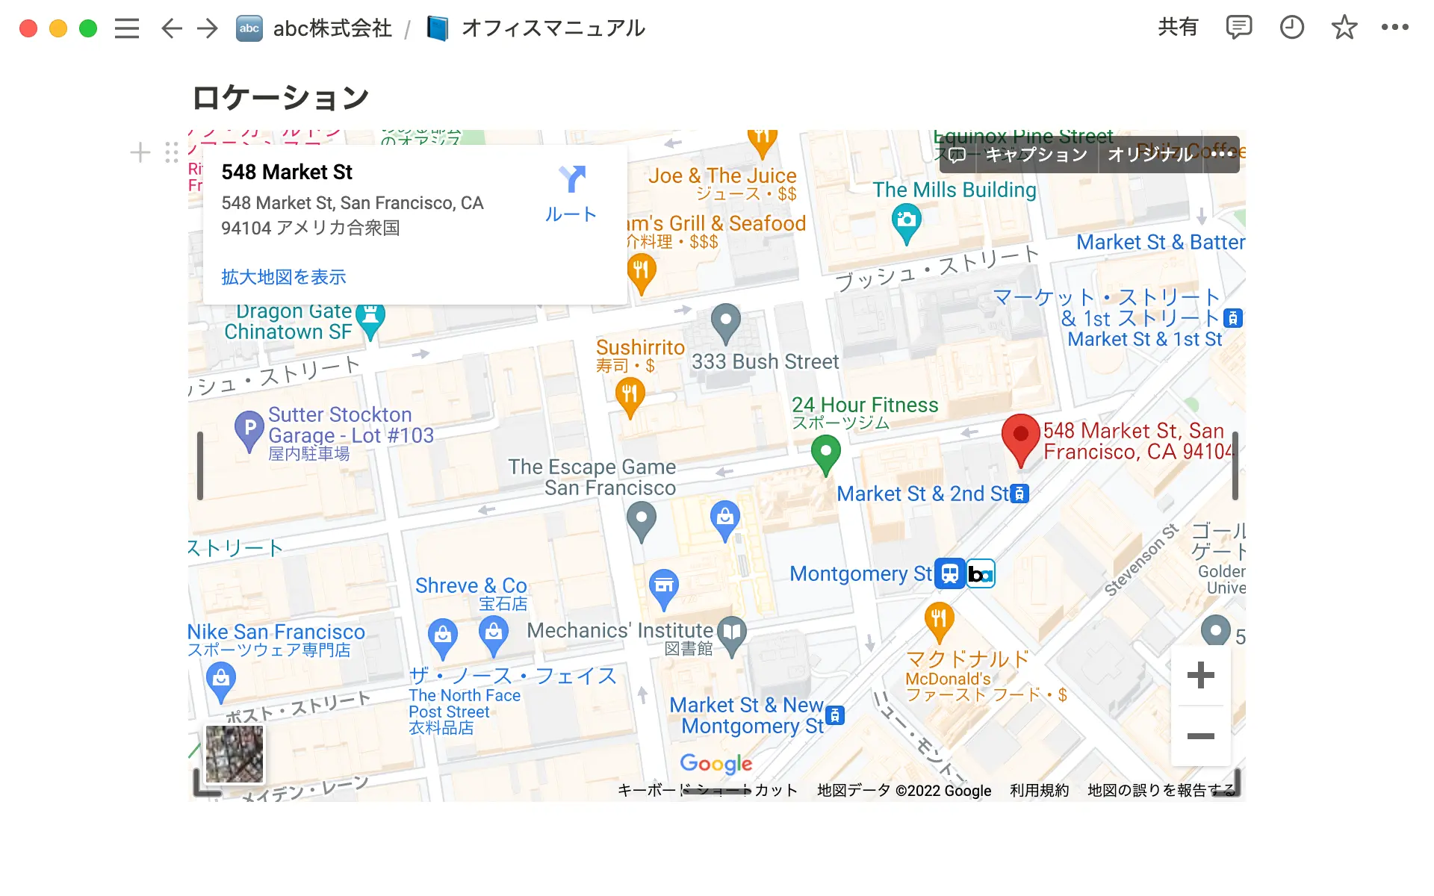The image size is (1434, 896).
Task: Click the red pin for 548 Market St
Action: [x=1020, y=437]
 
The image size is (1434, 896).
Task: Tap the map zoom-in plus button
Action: [x=1200, y=675]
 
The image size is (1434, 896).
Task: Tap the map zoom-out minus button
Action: [x=1200, y=736]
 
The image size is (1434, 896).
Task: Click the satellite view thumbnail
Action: [x=235, y=754]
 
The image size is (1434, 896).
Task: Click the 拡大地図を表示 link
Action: [x=284, y=277]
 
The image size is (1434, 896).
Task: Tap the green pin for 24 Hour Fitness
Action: [x=825, y=452]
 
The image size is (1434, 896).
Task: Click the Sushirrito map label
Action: [x=640, y=348]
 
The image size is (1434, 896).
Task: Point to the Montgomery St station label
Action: [x=860, y=573]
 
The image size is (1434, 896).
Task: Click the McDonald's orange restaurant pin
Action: [x=939, y=620]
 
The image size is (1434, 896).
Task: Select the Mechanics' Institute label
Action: [x=620, y=631]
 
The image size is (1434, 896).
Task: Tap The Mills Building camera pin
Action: [x=907, y=222]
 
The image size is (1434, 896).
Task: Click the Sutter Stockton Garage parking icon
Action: [x=249, y=429]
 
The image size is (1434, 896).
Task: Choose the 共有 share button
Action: [x=1177, y=28]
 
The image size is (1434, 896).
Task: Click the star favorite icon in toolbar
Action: [x=1344, y=28]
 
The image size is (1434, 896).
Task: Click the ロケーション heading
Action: [x=281, y=98]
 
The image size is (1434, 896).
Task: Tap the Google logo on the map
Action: [x=716, y=763]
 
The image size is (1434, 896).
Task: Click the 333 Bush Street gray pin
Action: [x=725, y=321]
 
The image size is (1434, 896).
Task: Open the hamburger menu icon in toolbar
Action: [x=127, y=28]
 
